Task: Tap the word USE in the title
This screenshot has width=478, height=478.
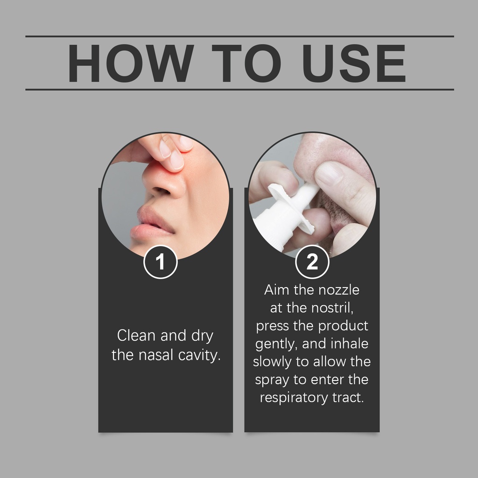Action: tap(354, 63)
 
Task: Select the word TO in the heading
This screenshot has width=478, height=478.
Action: tap(246, 63)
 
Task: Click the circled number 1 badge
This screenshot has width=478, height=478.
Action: tap(161, 262)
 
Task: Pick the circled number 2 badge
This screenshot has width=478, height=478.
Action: tap(312, 262)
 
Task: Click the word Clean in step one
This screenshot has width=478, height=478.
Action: tap(136, 336)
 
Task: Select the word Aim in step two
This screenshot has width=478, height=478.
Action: tap(276, 290)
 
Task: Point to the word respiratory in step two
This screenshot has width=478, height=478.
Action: tap(294, 398)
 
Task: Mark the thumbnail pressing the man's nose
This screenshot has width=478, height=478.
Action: tap(328, 174)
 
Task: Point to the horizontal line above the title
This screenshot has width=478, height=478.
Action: tap(239, 36)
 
